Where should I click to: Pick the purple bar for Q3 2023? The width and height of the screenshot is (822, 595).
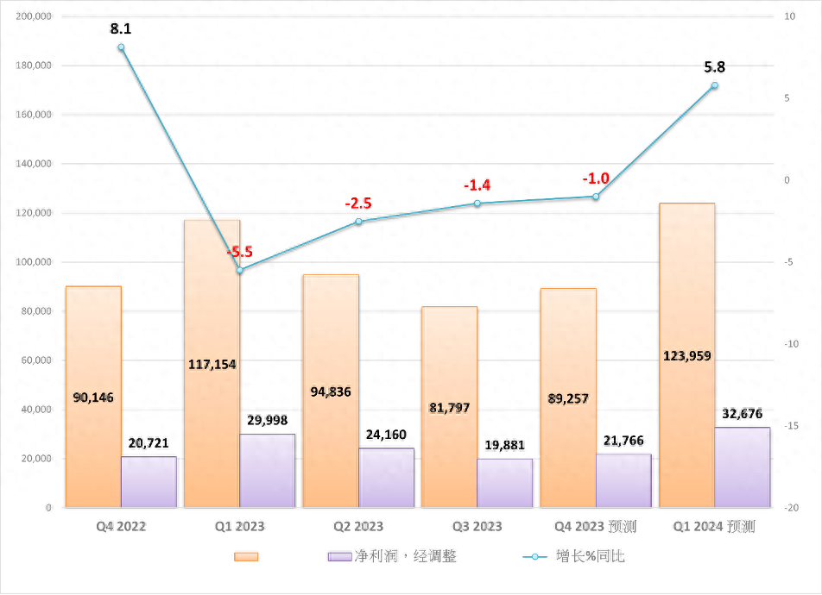click(x=505, y=483)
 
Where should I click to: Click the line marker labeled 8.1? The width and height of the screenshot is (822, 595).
click(x=121, y=47)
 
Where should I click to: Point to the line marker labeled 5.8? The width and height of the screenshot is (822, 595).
click(x=714, y=85)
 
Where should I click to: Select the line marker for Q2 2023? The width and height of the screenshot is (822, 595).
click(x=358, y=222)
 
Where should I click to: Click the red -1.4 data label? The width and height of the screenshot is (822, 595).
click(x=477, y=185)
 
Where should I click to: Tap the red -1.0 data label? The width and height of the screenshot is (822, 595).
click(x=595, y=178)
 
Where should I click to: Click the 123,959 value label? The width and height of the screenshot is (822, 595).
click(x=686, y=355)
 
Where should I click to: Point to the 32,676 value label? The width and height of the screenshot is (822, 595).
click(x=743, y=414)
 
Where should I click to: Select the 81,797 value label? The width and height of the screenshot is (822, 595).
click(x=449, y=407)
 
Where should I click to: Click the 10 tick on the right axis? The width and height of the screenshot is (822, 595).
click(x=788, y=16)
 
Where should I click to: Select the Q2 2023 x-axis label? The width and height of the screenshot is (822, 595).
click(x=358, y=526)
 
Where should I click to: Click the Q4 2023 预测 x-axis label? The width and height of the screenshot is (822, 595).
click(x=595, y=526)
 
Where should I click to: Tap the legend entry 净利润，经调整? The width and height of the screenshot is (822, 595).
click(x=393, y=556)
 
